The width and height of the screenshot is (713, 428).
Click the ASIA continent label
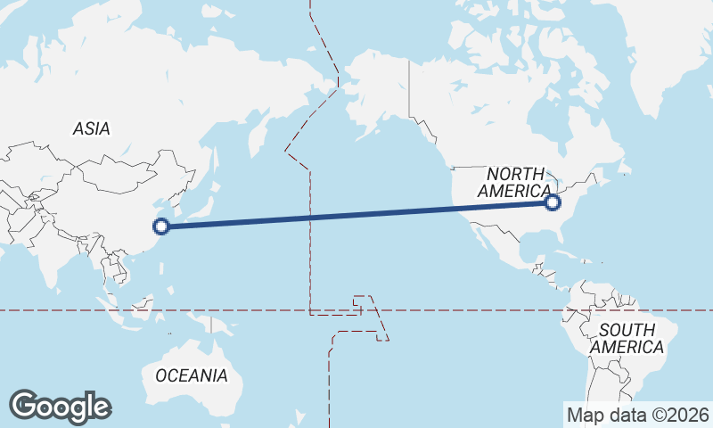point(92,129)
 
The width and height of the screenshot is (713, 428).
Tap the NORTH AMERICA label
point(515,183)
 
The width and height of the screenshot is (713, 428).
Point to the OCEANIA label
point(191,375)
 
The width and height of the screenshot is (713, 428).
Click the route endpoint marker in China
point(161,226)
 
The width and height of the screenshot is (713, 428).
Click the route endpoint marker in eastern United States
point(553,202)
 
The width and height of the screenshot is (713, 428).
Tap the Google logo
point(60,407)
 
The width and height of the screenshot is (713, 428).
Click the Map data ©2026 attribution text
point(638,415)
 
